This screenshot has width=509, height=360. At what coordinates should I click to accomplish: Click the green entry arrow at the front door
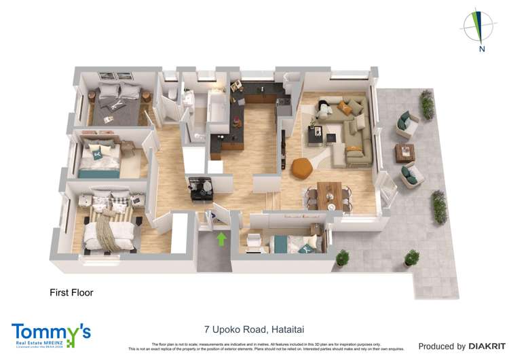[x=221, y=239]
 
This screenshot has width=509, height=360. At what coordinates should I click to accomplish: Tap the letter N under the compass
[x=480, y=48]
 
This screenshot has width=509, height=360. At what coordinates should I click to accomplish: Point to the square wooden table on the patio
[x=406, y=151]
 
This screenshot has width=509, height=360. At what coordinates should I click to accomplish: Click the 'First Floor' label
[x=71, y=293]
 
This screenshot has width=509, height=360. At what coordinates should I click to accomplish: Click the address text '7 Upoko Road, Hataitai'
[x=254, y=329]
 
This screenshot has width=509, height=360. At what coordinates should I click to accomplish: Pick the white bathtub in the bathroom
[x=218, y=113]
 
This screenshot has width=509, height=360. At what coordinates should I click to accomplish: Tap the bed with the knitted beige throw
[x=109, y=224]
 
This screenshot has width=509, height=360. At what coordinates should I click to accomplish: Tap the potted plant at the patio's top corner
[x=426, y=105]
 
